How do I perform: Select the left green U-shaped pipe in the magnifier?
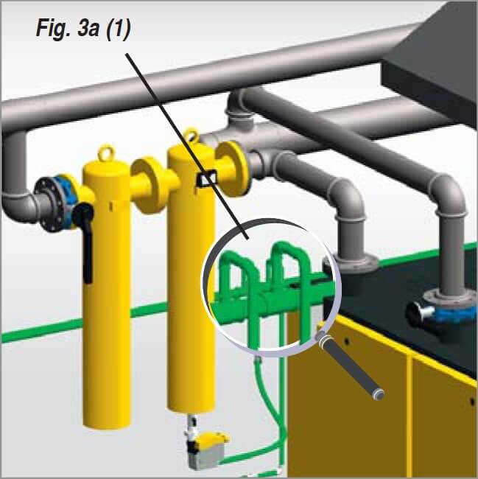pos(238,276)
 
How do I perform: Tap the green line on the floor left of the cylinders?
pos(44,329)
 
